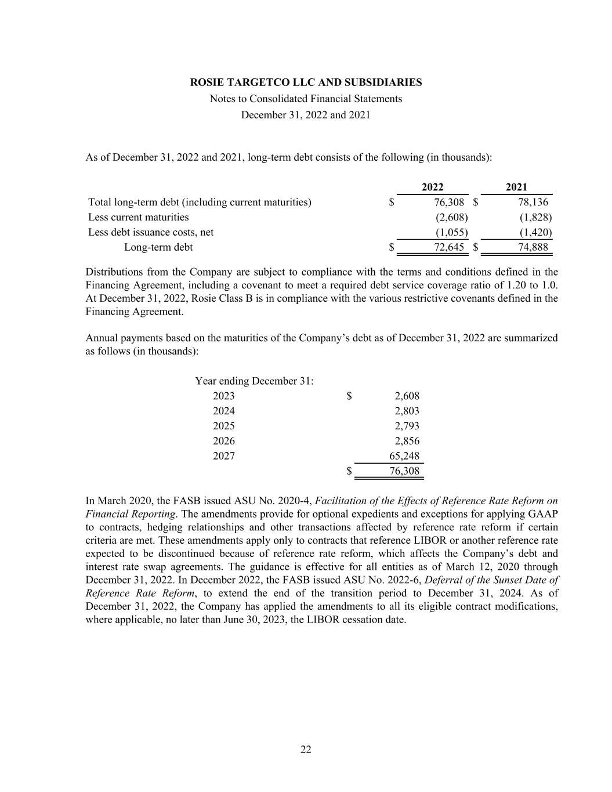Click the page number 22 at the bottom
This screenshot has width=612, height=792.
[x=306, y=750]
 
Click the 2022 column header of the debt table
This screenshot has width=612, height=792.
[x=432, y=187]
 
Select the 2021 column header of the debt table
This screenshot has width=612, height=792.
[x=516, y=187]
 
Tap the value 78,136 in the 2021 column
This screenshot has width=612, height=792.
[x=533, y=202]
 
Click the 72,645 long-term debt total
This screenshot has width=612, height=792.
[x=449, y=247]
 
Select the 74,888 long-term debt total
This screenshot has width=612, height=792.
[x=533, y=247]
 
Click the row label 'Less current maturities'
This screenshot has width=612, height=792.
[x=138, y=217]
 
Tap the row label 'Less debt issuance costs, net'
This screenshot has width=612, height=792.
[x=151, y=232]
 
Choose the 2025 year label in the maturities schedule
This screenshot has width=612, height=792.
[x=224, y=426]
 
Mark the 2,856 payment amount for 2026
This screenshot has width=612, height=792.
[x=407, y=441]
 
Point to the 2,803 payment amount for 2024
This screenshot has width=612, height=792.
[x=407, y=411]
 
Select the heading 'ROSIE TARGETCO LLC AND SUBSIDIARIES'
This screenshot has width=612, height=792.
[x=306, y=82]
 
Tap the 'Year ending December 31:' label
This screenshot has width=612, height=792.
[x=255, y=381]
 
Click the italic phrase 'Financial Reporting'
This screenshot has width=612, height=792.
[x=131, y=514]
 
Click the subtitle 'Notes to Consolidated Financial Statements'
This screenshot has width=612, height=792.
[x=306, y=99]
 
